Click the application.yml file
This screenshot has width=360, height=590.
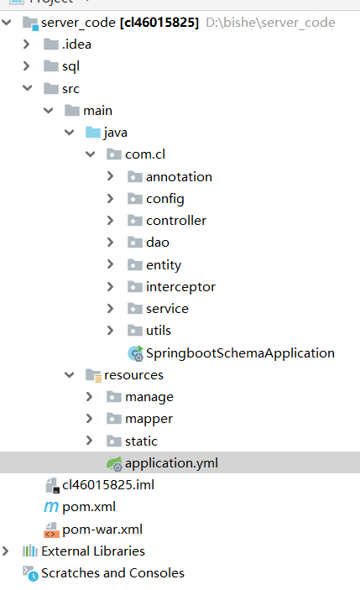point(171,462)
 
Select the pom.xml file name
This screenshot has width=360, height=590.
point(89,507)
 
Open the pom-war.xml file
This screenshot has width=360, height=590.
point(102,529)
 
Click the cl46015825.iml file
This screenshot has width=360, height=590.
point(108,484)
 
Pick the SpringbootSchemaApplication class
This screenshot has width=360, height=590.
point(240,353)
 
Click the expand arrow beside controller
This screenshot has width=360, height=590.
point(110,220)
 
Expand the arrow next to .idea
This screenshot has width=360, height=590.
point(26,44)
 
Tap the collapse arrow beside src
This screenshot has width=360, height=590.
point(27,88)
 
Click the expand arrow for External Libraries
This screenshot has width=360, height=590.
point(5,551)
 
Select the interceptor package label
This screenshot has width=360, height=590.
point(180,287)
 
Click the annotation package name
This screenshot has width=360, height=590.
point(179,177)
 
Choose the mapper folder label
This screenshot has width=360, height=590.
point(149,419)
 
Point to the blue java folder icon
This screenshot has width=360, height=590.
point(93,133)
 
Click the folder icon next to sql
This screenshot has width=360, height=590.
point(51,66)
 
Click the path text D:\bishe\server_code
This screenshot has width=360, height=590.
point(270,23)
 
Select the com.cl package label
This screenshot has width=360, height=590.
point(145,154)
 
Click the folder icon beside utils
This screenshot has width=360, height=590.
point(135,331)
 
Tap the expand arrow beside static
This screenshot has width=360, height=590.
point(89,441)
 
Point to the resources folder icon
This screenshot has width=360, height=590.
point(93,375)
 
